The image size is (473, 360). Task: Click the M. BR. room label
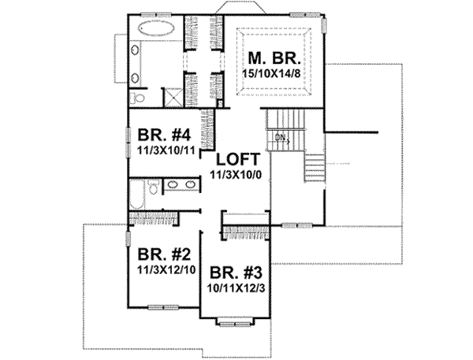[x=273, y=59]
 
